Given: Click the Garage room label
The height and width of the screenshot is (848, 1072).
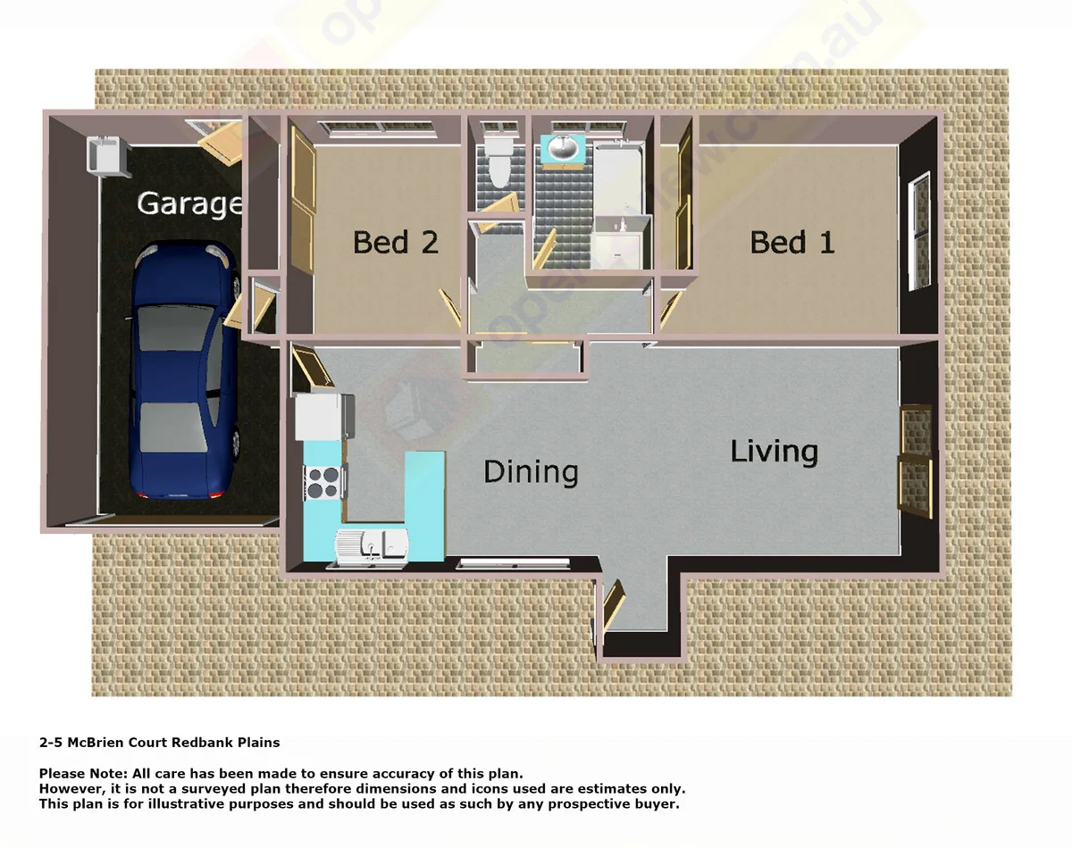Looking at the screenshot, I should pyautogui.click(x=188, y=204).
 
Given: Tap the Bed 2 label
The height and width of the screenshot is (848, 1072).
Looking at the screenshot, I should pyautogui.click(x=396, y=242).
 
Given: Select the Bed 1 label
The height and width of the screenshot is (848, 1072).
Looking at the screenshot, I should pyautogui.click(x=791, y=242).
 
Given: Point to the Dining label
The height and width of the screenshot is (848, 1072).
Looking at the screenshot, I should pyautogui.click(x=531, y=471).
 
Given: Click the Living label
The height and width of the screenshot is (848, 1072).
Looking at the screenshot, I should pyautogui.click(x=774, y=451).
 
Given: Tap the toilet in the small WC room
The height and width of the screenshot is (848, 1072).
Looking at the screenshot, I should pyautogui.click(x=497, y=161).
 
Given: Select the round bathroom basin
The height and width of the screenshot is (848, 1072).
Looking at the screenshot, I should pyautogui.click(x=563, y=149).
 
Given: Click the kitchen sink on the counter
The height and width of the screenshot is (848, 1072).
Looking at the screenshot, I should pyautogui.click(x=372, y=545).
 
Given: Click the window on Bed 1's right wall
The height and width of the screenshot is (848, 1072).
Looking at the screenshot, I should pyautogui.click(x=918, y=232).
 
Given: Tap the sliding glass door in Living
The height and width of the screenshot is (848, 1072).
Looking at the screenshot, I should pyautogui.click(x=915, y=460).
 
